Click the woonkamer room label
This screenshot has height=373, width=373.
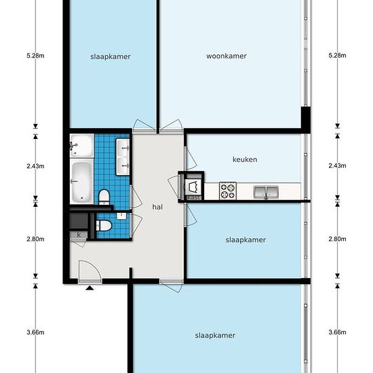click(227, 56)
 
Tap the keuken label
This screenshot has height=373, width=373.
click(245, 159)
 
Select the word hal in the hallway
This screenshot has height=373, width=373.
click(157, 207)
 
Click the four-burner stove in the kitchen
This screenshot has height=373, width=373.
click(228, 191)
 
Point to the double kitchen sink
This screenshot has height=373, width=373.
click(266, 192)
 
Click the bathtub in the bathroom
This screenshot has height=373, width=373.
click(81, 182)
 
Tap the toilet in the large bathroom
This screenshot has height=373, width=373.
click(104, 197)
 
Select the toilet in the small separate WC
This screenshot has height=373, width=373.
click(104, 225)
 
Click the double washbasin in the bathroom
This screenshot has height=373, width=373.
click(123, 157)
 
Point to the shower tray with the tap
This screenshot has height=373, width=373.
click(81, 145)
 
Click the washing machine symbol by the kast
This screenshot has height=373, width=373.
click(193, 187)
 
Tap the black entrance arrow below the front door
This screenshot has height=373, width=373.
click(90, 288)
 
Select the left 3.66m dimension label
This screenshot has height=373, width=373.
click(35, 332)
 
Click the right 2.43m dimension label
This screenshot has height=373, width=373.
click(337, 165)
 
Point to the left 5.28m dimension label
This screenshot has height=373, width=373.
click(35, 56)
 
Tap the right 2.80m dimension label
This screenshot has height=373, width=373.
click(337, 239)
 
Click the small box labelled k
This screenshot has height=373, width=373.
click(79, 235)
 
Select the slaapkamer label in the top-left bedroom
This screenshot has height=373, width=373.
click(111, 56)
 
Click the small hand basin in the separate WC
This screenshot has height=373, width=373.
click(121, 216)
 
